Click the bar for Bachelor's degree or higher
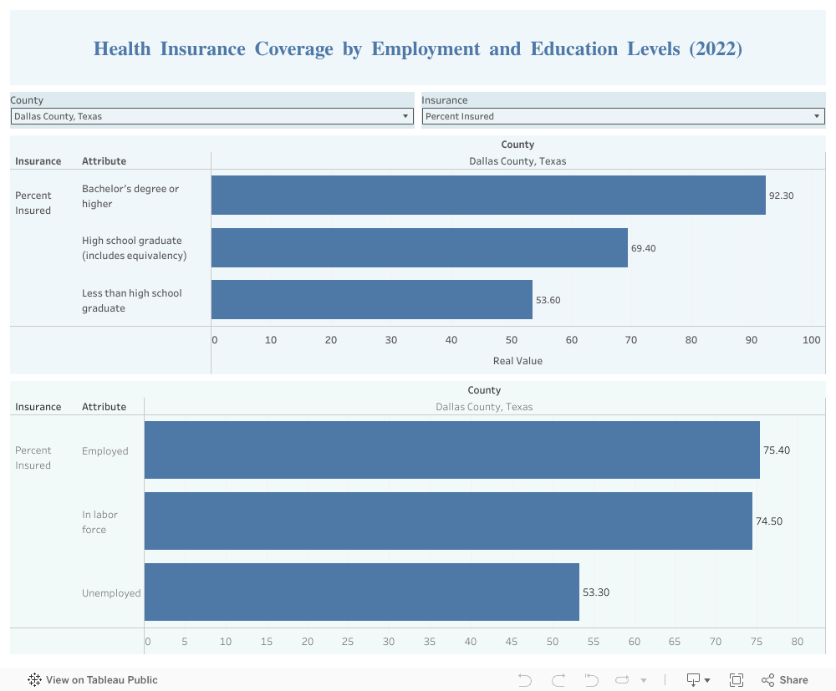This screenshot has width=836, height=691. [488, 195]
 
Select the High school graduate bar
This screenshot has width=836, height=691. [419, 247]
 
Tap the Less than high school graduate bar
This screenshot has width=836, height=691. [371, 299]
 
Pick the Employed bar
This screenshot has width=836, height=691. [451, 450]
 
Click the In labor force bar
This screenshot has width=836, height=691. [448, 521]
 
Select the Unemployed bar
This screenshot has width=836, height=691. [361, 592]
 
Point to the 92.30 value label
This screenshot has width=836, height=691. [781, 196]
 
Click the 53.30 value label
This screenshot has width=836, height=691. [595, 592]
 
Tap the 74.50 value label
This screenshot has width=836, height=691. [769, 521]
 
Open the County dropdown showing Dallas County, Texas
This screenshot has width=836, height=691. [212, 116]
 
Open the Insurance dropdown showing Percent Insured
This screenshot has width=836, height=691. [623, 116]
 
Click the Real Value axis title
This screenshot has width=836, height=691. [517, 361]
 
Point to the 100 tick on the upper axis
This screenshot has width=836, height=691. [811, 340]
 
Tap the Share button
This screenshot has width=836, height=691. [785, 680]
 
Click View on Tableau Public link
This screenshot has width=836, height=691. [93, 680]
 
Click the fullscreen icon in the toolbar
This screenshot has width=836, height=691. [737, 680]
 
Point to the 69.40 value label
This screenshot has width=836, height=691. [643, 248]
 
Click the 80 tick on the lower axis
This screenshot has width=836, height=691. [797, 642]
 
